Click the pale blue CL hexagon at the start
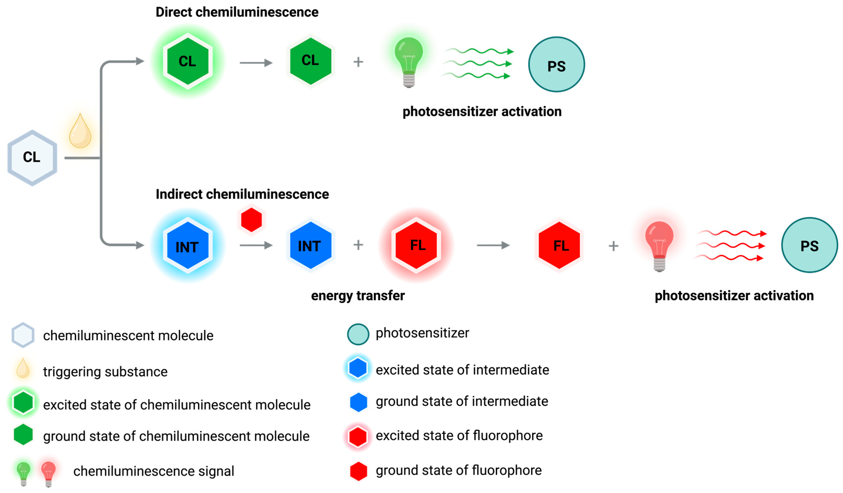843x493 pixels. click(32, 157)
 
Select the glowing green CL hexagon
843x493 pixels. click(188, 61)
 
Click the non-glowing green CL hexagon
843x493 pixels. click(311, 61)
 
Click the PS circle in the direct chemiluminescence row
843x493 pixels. click(556, 64)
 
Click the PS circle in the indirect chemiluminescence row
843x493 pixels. click(809, 245)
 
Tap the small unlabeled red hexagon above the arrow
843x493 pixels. click(251, 220)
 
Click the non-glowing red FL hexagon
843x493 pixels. click(559, 245)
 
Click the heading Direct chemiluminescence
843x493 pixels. click(237, 12)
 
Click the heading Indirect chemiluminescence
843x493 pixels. click(242, 194)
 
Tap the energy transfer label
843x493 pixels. click(358, 296)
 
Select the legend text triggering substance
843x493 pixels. click(105, 372)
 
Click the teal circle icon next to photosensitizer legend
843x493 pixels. click(358, 334)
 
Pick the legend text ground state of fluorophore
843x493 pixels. click(458, 470)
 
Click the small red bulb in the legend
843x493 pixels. click(48, 473)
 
